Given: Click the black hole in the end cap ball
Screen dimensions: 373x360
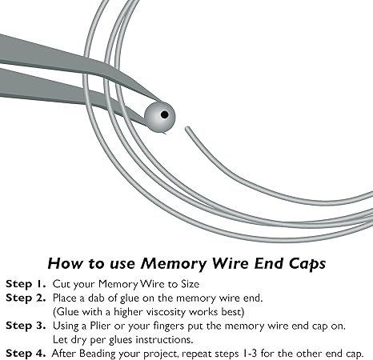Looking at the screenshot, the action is pos(165,114).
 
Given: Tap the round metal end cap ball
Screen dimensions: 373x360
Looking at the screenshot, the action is pos(159,118).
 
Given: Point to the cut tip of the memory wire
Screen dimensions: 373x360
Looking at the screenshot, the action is pos(187,128).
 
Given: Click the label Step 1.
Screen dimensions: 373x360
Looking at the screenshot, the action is pos(26,284).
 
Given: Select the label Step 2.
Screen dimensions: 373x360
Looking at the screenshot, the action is pos(26,298).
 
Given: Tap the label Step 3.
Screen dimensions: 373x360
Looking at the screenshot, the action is pos(26,326).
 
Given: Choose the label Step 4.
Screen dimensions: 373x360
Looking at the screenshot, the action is pos(26,354).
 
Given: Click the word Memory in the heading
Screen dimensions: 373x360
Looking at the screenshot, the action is pos(174,264).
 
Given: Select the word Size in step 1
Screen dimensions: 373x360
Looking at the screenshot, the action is pos(191,284).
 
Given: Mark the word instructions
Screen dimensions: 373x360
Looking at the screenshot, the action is pos(164,339).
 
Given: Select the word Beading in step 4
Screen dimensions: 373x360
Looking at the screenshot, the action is pos(98,354).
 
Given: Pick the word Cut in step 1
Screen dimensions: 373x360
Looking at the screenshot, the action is pos(62,284).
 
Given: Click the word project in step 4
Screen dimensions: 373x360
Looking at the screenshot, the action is pos(161,354).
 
